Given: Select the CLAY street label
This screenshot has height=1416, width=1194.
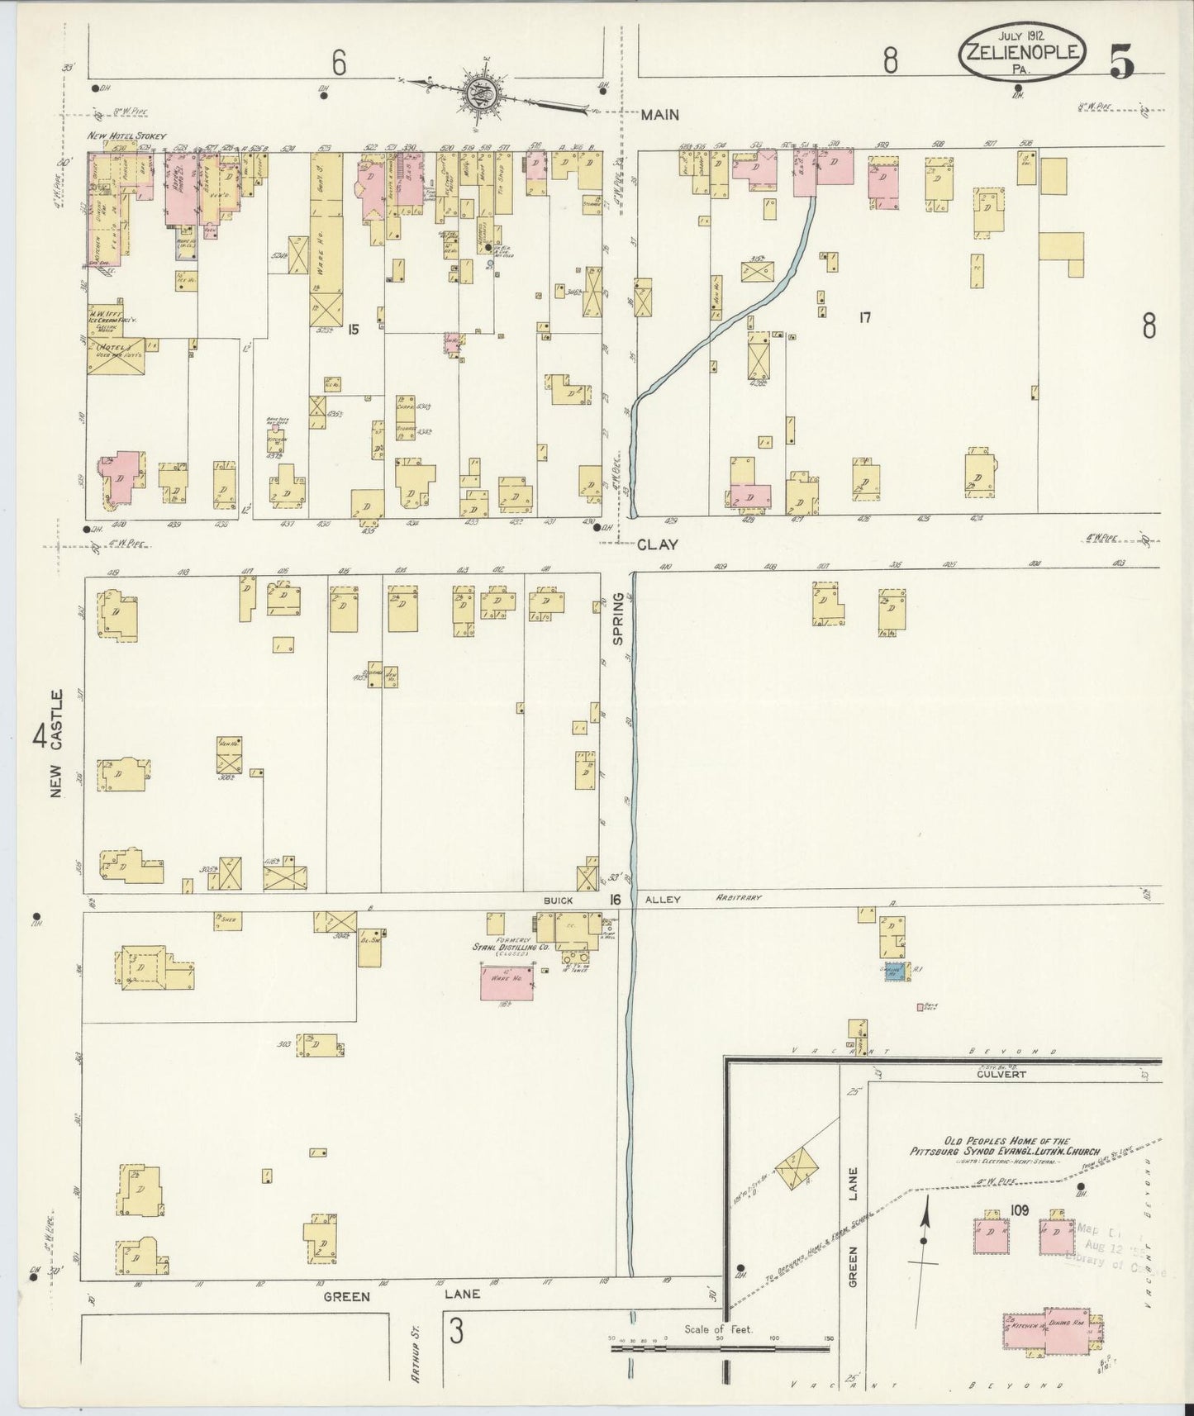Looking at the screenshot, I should click(x=659, y=544).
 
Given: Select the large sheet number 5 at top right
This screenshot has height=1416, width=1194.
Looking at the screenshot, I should click(x=1121, y=61).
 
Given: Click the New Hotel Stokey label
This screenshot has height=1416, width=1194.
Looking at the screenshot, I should click(x=127, y=135).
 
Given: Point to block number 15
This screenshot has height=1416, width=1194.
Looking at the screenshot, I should click(x=354, y=329).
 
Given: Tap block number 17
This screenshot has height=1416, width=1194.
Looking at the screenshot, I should click(x=864, y=316).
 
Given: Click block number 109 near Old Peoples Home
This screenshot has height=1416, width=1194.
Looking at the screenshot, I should click(x=1019, y=1210).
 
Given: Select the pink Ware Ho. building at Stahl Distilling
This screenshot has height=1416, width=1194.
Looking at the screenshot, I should click(x=507, y=981).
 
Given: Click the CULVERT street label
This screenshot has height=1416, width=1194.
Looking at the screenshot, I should click(x=1001, y=1074).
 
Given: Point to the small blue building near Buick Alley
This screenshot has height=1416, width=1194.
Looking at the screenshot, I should click(x=892, y=972).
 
